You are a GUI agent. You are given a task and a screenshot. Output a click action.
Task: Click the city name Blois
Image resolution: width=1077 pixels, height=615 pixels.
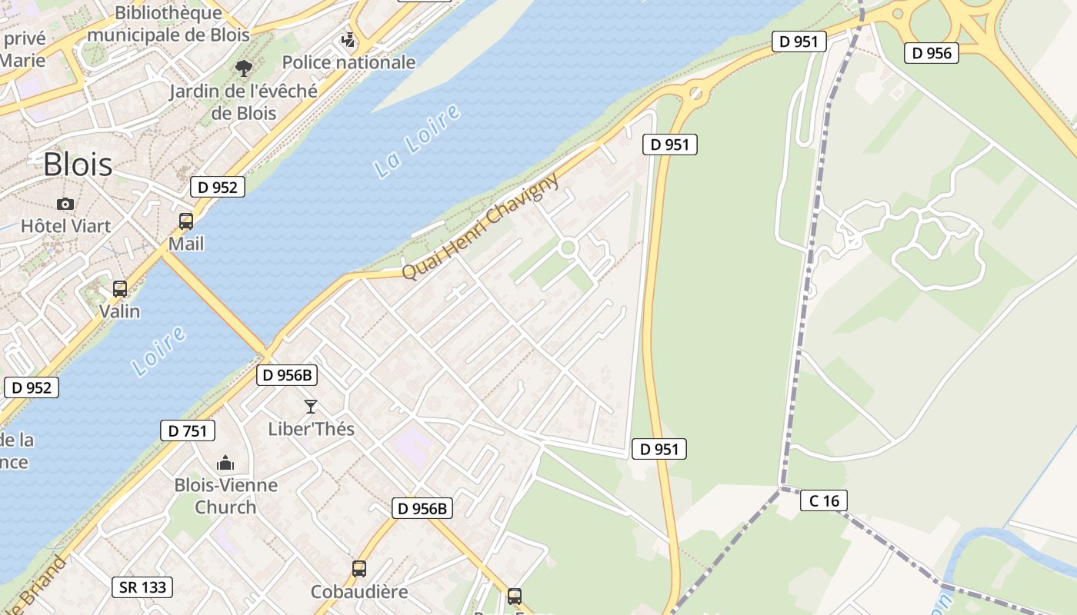(x=78, y=165)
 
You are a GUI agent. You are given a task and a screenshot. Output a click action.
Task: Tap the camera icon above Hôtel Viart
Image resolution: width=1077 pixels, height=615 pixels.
(x=65, y=204)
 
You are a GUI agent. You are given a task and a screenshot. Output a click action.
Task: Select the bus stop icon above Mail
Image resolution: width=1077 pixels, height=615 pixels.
(x=186, y=221)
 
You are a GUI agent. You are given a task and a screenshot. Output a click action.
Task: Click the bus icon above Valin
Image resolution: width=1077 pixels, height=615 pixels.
(x=120, y=289)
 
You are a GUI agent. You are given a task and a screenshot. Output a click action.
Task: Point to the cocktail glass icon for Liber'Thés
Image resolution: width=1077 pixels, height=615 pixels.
(x=311, y=406)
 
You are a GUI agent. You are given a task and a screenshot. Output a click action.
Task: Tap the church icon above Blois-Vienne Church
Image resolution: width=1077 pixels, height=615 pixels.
(x=225, y=463)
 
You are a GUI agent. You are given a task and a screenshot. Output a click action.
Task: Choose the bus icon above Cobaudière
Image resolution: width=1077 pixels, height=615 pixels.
(x=359, y=569)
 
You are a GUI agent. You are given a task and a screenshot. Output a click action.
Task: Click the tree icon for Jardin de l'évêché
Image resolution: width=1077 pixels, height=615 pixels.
(x=244, y=68)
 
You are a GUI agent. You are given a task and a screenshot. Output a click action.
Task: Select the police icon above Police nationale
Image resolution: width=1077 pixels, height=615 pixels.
(x=348, y=39)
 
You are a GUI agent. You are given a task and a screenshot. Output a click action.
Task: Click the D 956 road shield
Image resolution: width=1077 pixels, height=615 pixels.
(x=932, y=53)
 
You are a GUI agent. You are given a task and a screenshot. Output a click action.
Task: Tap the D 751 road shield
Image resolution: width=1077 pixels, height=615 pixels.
(x=188, y=430)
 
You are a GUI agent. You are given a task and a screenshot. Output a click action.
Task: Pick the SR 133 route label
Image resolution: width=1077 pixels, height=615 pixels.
(x=142, y=587)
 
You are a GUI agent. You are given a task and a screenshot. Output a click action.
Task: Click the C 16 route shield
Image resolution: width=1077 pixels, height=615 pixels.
(x=824, y=501)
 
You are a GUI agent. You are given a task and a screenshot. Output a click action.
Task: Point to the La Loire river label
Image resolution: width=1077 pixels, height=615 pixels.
(x=418, y=141)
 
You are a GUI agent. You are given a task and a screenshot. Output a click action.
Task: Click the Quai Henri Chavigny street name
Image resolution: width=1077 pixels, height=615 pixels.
(x=481, y=227)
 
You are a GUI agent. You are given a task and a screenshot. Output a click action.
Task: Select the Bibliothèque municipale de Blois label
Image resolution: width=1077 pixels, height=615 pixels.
(x=168, y=24)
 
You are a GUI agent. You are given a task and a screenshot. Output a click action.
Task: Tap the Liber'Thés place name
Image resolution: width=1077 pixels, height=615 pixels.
(x=311, y=429)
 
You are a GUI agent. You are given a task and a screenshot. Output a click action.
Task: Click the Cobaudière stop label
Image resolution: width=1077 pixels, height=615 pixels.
(x=359, y=592)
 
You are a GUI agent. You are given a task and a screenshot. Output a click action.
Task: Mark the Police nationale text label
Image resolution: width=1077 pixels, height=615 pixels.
(x=348, y=62)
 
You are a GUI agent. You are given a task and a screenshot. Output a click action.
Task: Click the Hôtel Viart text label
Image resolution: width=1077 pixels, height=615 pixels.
(x=65, y=226)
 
